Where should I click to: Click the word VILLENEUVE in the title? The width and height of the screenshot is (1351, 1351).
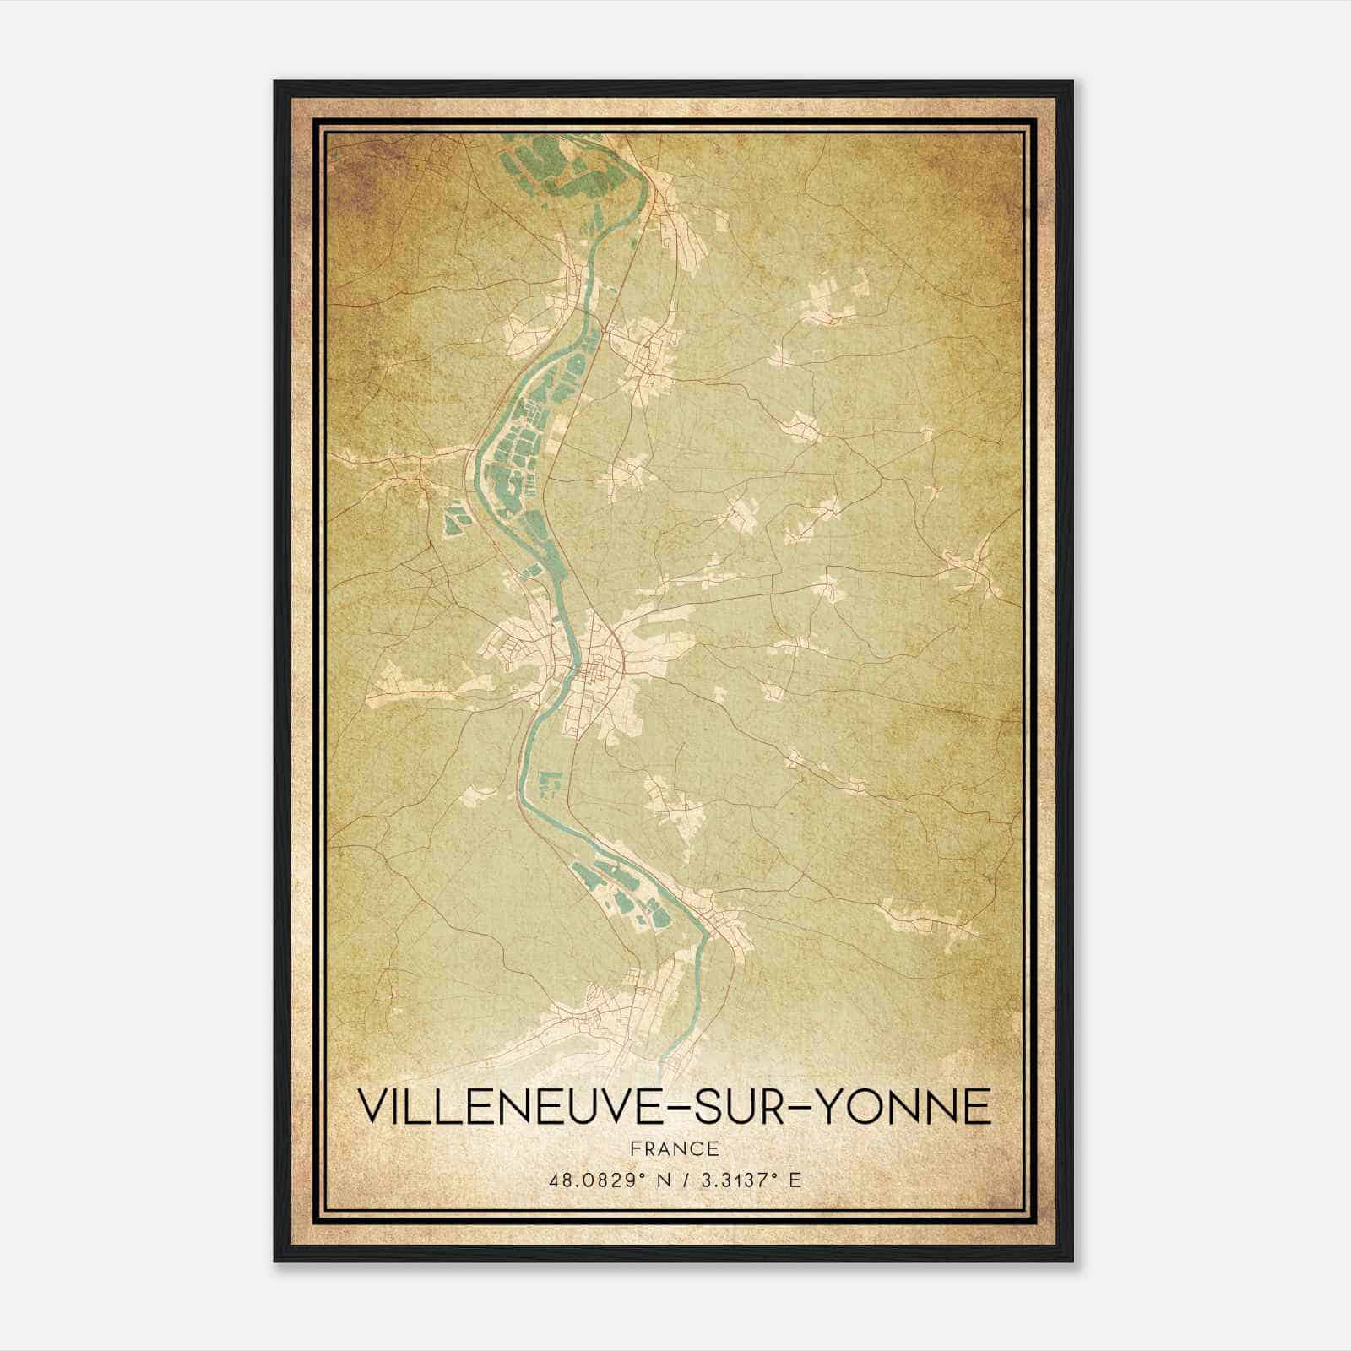503,1106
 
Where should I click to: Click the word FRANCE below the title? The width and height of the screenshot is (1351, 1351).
675,1149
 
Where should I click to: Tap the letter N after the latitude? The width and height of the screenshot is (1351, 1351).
664,1180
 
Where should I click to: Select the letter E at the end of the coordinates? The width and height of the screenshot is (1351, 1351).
794,1180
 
